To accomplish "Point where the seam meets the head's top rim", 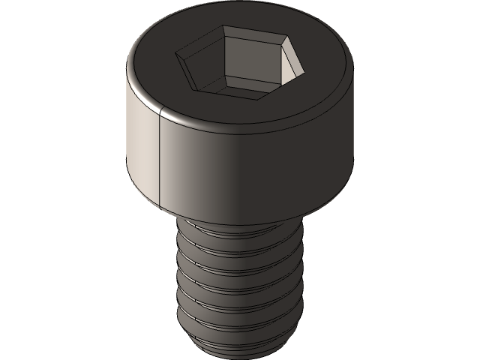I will coord(163,110).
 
